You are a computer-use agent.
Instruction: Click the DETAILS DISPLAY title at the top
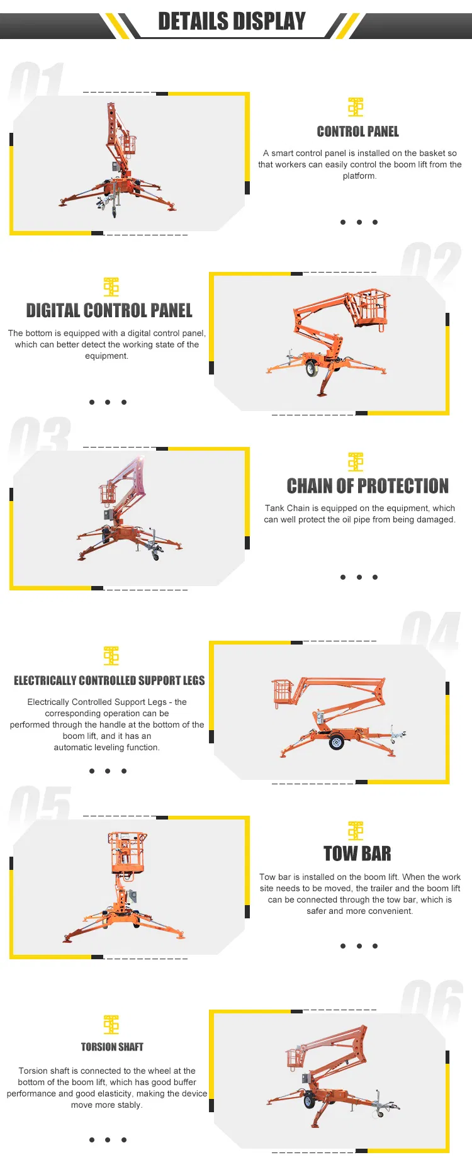click(232, 21)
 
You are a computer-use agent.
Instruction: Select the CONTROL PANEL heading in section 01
click(357, 132)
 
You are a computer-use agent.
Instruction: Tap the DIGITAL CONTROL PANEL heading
click(109, 311)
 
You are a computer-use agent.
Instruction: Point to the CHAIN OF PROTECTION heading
click(368, 486)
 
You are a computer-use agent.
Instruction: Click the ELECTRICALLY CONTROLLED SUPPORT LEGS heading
click(109, 680)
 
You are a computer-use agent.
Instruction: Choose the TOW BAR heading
click(357, 854)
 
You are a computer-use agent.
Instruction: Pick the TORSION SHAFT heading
click(112, 1047)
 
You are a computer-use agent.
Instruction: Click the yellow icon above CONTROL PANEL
click(356, 107)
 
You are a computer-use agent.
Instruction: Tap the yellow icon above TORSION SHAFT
click(111, 1025)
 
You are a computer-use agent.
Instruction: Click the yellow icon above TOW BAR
click(356, 831)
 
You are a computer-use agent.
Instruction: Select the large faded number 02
click(431, 264)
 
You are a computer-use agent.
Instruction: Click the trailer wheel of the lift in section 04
click(337, 743)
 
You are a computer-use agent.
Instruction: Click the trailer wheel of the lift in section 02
click(312, 369)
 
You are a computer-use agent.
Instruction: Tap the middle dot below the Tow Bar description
click(359, 946)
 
